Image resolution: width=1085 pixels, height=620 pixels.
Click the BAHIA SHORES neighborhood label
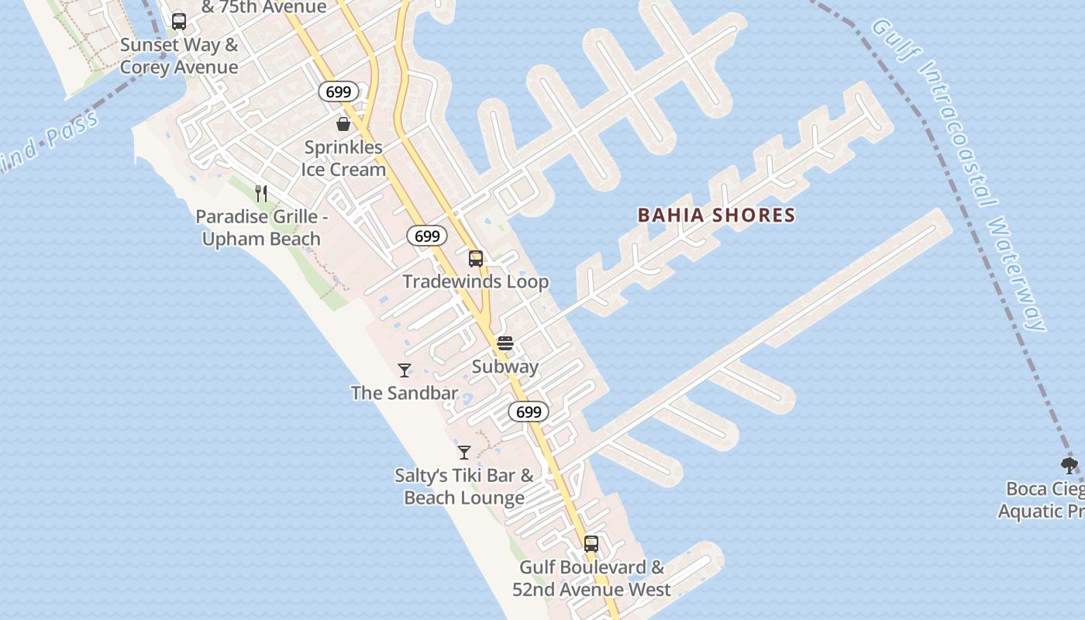pyautogui.click(x=716, y=215)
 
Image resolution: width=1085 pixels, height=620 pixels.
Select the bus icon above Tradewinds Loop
pyautogui.click(x=476, y=259)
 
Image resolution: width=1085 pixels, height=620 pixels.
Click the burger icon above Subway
pyautogui.click(x=505, y=343)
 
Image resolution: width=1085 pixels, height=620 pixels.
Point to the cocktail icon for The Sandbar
pyautogui.click(x=404, y=370)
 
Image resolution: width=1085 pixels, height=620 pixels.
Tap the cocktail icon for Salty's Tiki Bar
pyautogui.click(x=464, y=453)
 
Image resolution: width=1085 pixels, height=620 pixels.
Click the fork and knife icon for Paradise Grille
pyautogui.click(x=262, y=193)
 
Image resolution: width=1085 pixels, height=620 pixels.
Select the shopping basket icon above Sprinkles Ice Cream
pyautogui.click(x=343, y=124)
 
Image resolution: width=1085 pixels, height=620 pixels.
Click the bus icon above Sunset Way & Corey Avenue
pyautogui.click(x=179, y=22)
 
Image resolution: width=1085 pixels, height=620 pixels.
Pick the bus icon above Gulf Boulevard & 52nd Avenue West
pyautogui.click(x=591, y=544)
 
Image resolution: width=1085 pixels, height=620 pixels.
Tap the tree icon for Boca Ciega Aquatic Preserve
pyautogui.click(x=1069, y=466)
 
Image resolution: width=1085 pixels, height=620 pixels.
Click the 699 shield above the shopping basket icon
pyautogui.click(x=339, y=91)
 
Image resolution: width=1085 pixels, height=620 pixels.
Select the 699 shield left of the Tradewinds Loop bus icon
pyautogui.click(x=427, y=236)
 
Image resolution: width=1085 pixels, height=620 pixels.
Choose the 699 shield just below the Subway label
pyautogui.click(x=529, y=412)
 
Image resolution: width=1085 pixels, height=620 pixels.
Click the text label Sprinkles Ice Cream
pyautogui.click(x=343, y=158)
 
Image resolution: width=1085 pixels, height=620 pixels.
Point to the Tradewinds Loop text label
pyautogui.click(x=475, y=282)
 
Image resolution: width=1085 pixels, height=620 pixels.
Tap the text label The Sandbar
pyautogui.click(x=404, y=393)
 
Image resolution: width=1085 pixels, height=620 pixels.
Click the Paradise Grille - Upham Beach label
pyautogui.click(x=261, y=228)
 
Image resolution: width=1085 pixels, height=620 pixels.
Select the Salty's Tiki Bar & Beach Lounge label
pyautogui.click(x=464, y=487)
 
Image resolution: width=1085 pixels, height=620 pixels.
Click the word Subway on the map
pyautogui.click(x=505, y=367)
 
